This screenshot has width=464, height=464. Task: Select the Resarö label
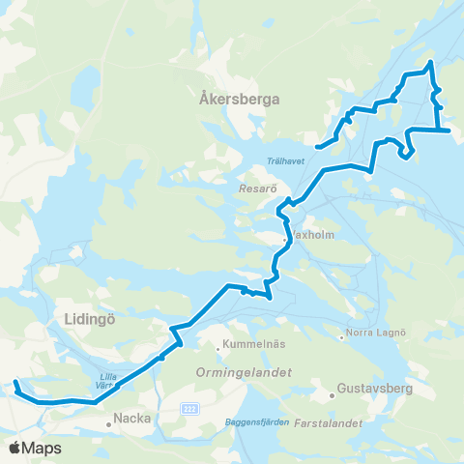coord(258,190)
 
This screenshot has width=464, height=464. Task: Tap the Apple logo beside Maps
coord(14,448)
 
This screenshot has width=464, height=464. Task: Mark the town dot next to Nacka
coord(109,422)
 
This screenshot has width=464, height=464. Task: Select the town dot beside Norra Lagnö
coord(343,337)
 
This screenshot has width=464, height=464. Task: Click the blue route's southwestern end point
coord(15,385)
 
